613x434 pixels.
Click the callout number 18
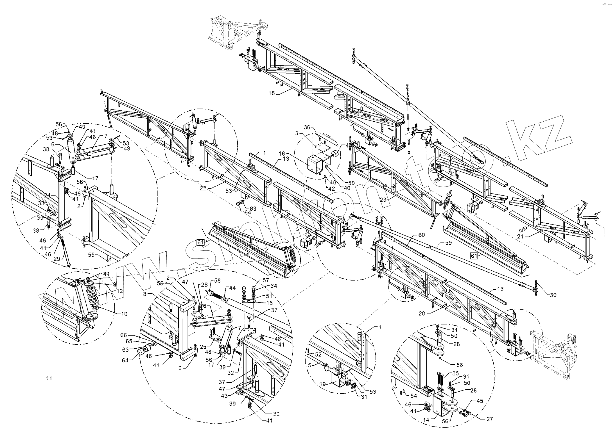point(272,93)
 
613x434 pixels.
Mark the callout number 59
point(448,243)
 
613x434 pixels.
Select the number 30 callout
point(553,295)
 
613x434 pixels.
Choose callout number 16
point(282,153)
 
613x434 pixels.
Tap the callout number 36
point(307,128)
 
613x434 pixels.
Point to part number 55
point(91,255)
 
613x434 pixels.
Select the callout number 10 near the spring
point(124,314)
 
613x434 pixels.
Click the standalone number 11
point(49,378)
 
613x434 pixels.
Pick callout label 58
point(218,281)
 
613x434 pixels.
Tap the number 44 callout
point(232,288)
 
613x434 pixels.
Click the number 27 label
point(490,419)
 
